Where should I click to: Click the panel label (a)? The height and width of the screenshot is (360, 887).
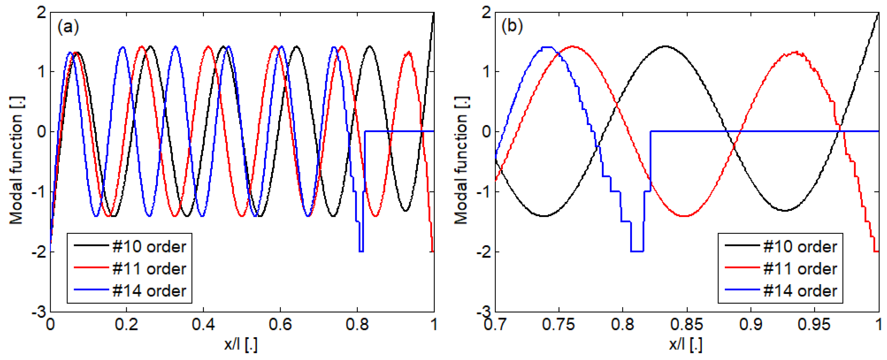(x=68, y=26)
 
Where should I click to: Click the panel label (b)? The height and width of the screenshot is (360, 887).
(x=512, y=26)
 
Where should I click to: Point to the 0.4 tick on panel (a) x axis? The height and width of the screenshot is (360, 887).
(x=204, y=325)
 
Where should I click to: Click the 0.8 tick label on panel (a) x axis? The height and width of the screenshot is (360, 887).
(x=357, y=325)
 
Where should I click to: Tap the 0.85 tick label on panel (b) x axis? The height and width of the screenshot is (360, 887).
(x=687, y=325)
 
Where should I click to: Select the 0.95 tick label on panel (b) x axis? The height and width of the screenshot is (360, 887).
(x=815, y=325)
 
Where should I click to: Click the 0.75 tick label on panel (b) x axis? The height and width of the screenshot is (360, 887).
(x=559, y=325)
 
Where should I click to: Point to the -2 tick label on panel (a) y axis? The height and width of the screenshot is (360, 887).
(x=39, y=252)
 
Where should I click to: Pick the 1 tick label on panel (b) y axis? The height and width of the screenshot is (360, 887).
(x=486, y=72)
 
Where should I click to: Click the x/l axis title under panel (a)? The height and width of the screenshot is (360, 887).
(x=241, y=344)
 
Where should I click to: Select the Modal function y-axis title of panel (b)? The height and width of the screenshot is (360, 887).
(x=461, y=160)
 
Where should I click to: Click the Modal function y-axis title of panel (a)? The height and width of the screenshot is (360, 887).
(x=16, y=160)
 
